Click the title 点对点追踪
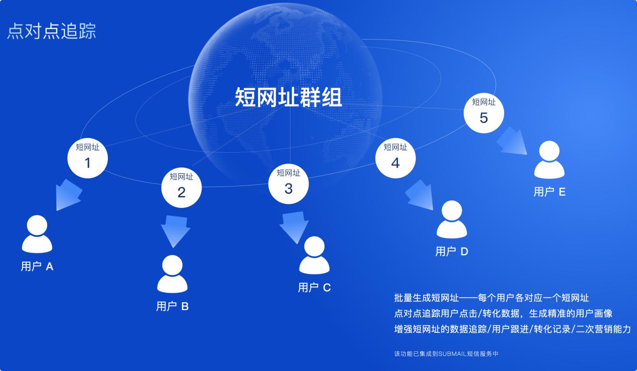tap(51, 31)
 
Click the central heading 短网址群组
tap(288, 97)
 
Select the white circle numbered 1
tap(87, 157)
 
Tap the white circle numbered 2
tap(182, 187)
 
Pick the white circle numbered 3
tap(288, 183)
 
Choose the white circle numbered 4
tap(395, 157)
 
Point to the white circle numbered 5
tap(484, 112)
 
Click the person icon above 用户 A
tap(37, 234)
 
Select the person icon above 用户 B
tap(172, 274)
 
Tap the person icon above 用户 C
tap(314, 256)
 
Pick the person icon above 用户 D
tap(451, 220)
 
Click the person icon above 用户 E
tap(549, 160)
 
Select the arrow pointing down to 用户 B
tap(175, 230)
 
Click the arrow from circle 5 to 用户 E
tap(512, 140)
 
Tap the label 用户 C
tap(314, 288)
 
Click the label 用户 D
tap(451, 251)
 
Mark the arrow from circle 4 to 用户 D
tap(419, 195)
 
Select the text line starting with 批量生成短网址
tap(491, 298)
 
